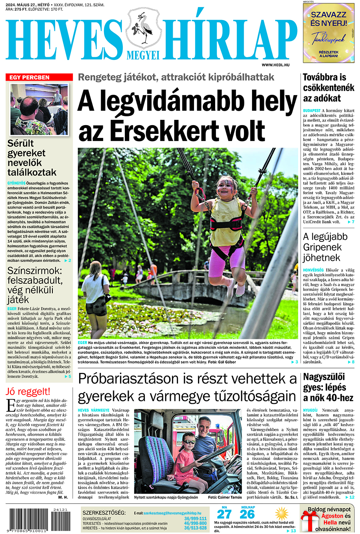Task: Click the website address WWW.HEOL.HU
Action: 276,64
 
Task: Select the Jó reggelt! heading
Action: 28,391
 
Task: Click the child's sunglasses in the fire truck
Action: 189,441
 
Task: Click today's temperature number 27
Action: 224,514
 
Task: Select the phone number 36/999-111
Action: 195,518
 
